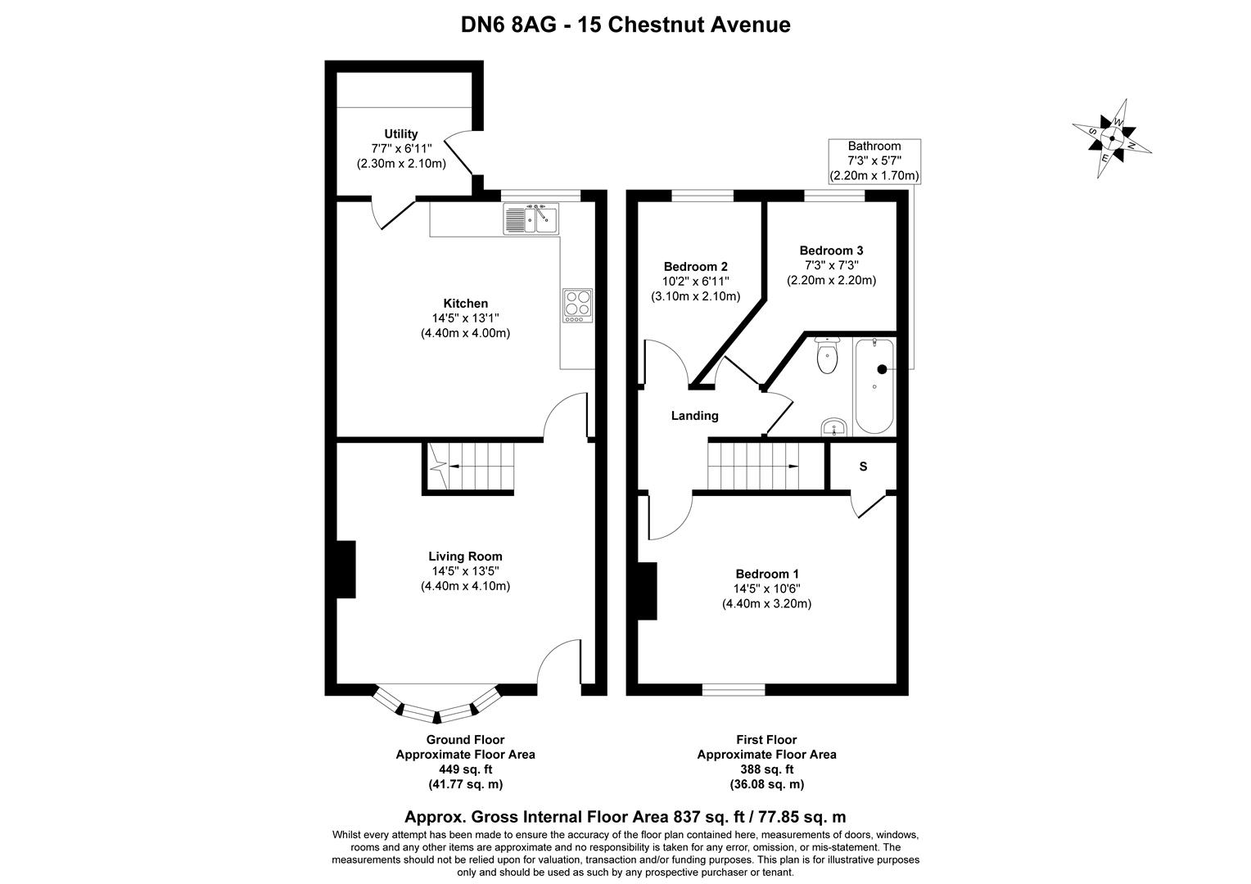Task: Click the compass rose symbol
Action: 1112,138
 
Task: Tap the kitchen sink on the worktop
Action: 530,219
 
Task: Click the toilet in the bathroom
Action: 827,357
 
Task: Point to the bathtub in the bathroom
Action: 874,386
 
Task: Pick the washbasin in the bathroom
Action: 833,426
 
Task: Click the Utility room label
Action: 401,134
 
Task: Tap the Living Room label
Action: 465,557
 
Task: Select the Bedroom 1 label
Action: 766,574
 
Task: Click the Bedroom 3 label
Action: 831,250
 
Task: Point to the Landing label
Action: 694,416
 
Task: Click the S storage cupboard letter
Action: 863,467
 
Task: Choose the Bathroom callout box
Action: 874,160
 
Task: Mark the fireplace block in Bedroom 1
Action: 648,590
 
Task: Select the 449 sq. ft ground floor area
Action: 465,769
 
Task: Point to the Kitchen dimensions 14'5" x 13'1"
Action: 465,318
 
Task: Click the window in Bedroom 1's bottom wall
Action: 733,690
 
